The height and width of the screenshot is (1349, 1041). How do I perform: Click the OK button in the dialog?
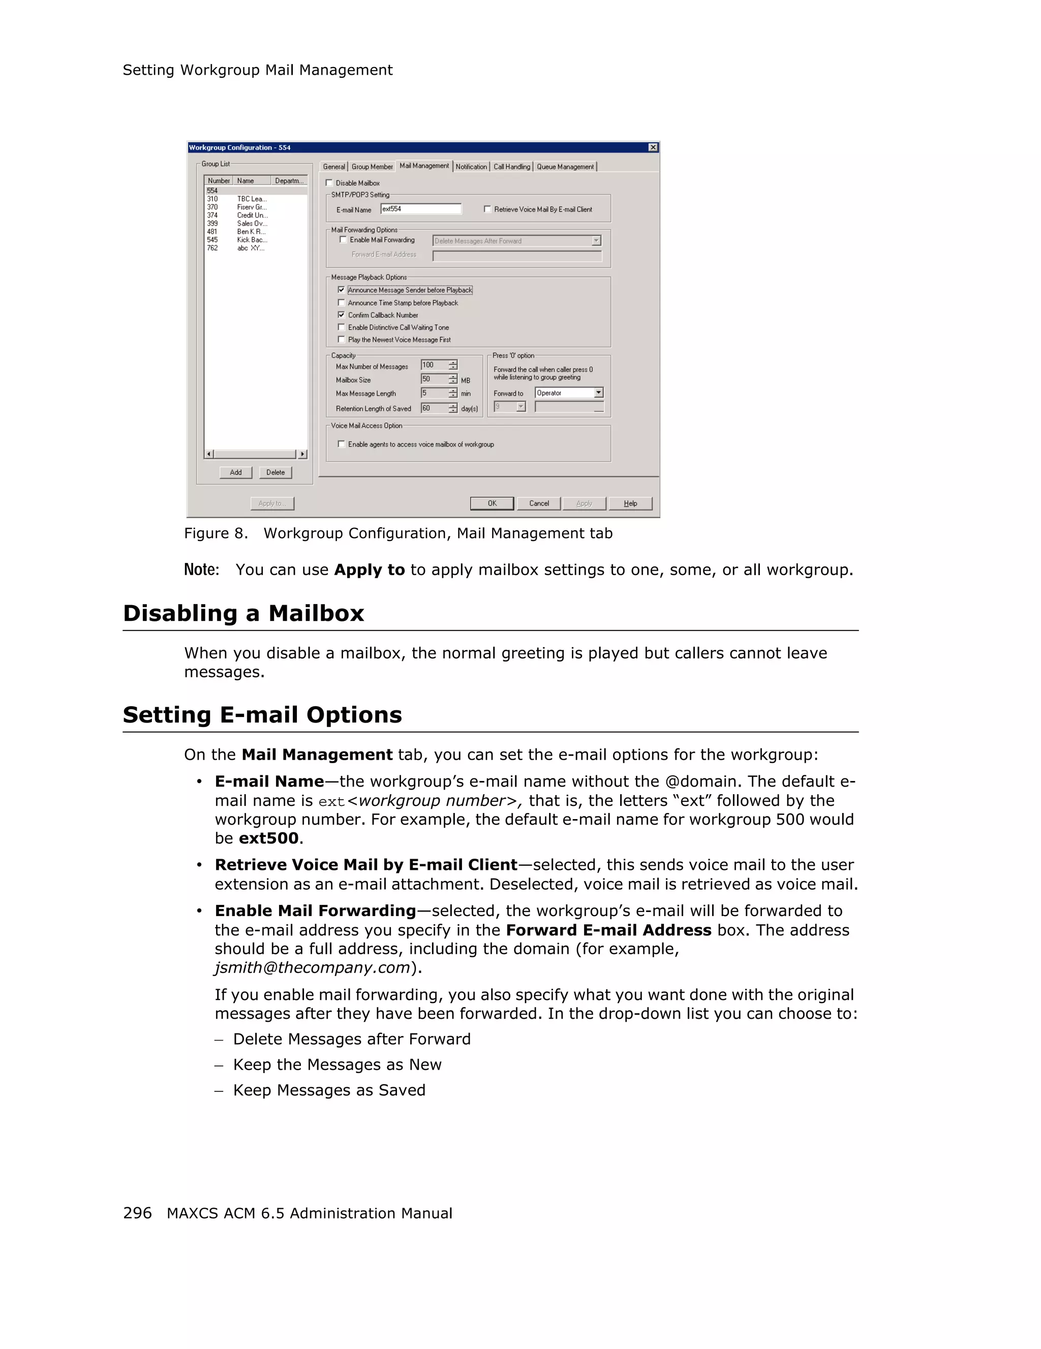click(491, 504)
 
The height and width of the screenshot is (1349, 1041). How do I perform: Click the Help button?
click(630, 504)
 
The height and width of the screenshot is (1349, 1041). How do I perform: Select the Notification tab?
click(471, 167)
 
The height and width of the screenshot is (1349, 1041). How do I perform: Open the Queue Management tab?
click(565, 167)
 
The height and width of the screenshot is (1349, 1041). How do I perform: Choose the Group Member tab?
click(372, 167)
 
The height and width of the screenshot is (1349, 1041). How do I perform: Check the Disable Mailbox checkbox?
click(329, 183)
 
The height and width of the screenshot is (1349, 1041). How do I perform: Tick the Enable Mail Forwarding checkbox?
click(344, 240)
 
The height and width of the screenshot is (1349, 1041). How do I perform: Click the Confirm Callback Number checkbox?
click(341, 315)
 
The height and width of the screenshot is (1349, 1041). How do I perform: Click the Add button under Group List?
click(235, 473)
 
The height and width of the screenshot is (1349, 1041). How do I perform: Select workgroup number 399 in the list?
click(212, 224)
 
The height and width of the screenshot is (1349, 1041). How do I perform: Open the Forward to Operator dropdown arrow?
click(598, 393)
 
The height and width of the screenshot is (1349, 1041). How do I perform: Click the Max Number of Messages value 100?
click(434, 365)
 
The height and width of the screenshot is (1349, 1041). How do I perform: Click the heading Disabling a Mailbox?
click(243, 613)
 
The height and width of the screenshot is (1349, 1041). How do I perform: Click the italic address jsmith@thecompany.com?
click(313, 967)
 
